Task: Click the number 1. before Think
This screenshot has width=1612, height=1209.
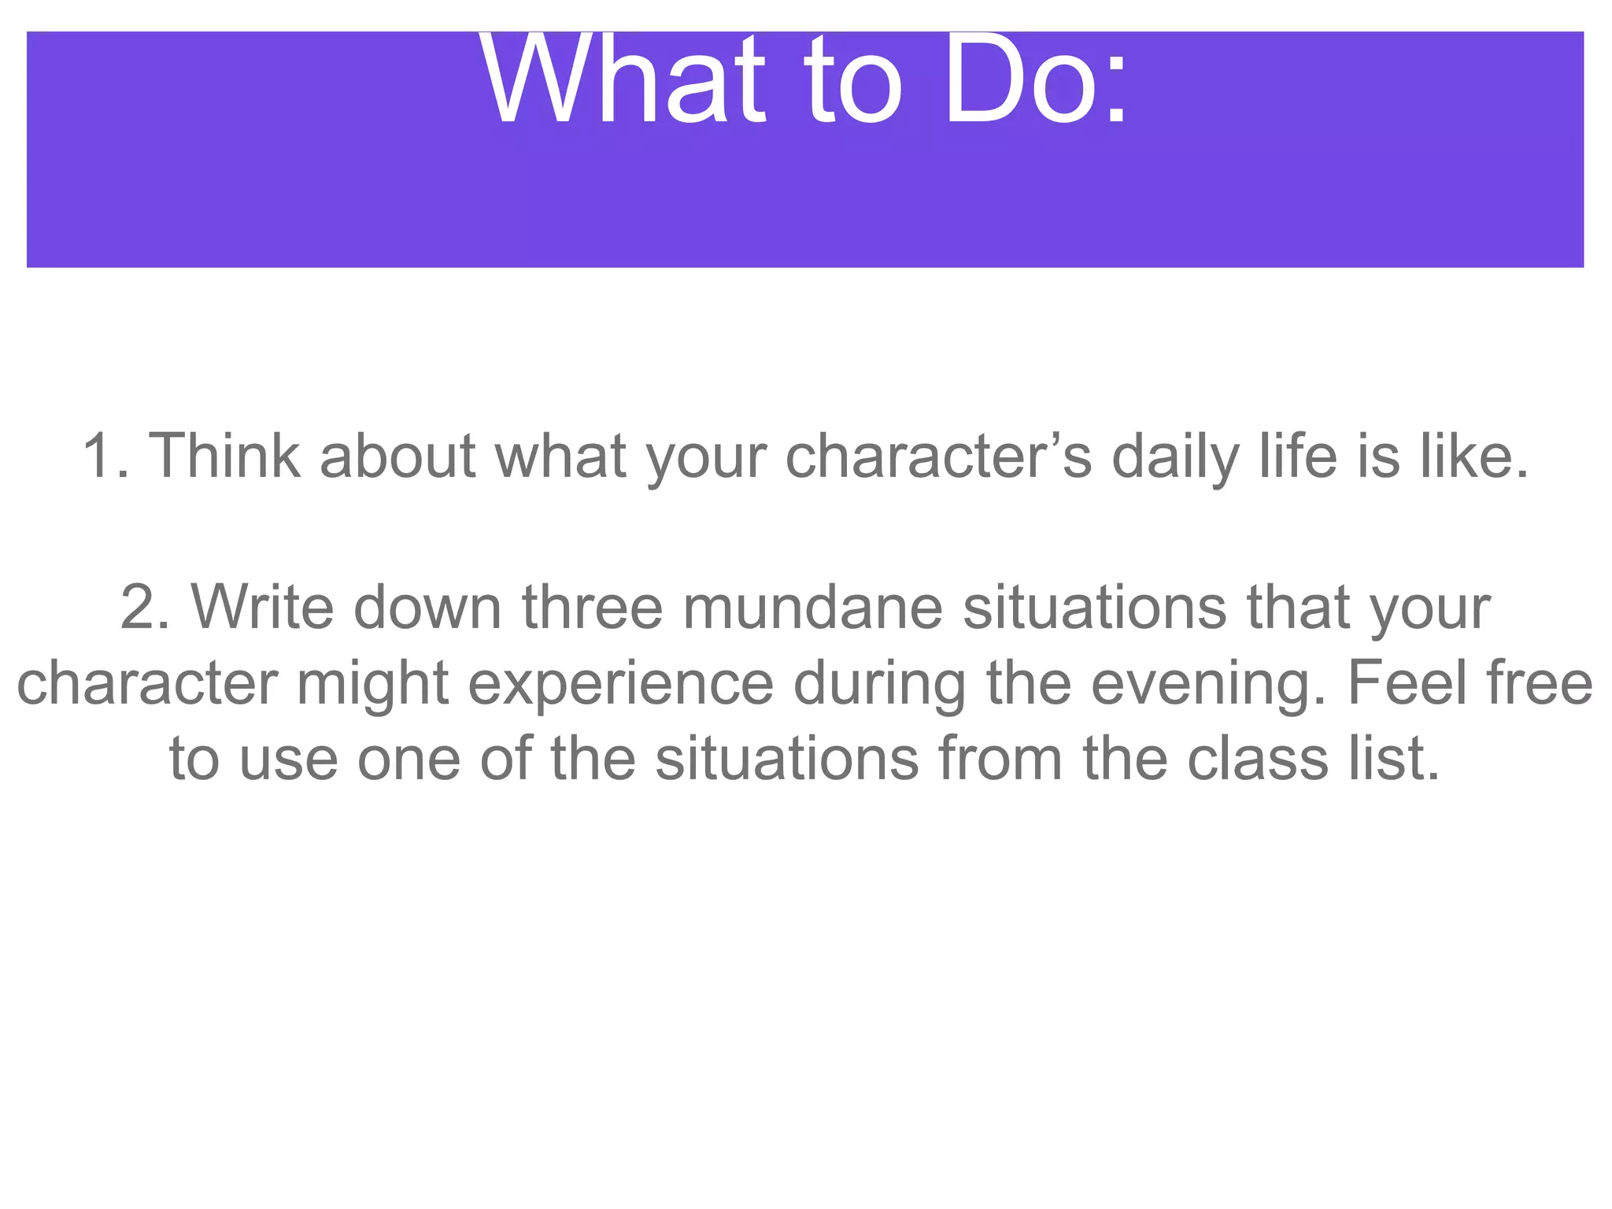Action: tap(105, 457)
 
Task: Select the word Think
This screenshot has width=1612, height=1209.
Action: tap(224, 457)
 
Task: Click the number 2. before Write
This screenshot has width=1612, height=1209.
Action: tap(146, 608)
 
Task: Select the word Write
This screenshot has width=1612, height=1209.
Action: tap(263, 608)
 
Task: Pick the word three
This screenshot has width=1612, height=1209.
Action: tap(593, 608)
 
